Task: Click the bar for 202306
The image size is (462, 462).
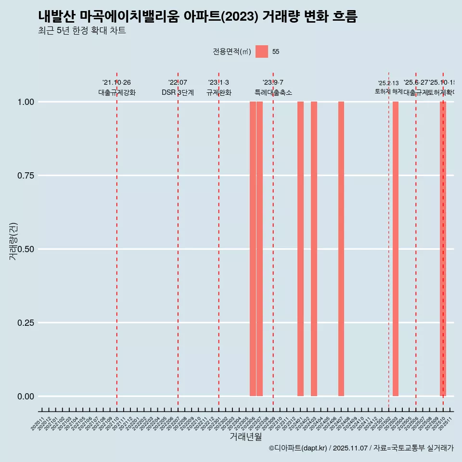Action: (x=253, y=249)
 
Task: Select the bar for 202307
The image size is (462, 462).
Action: (x=259, y=249)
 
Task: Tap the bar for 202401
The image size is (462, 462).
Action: (x=300, y=249)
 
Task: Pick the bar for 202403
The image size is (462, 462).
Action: (x=314, y=249)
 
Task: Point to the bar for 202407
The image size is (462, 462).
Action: (x=341, y=249)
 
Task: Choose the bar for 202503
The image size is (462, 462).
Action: (x=396, y=249)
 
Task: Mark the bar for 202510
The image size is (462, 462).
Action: (x=443, y=249)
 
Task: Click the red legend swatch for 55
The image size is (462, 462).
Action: (x=262, y=51)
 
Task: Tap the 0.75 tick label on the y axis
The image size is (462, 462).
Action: (x=26, y=176)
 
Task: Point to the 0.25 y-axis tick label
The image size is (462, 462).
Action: (x=26, y=323)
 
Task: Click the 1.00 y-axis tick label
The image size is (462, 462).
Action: (x=26, y=102)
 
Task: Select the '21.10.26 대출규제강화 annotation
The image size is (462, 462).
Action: (x=117, y=88)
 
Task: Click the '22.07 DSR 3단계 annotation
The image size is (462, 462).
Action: (x=178, y=88)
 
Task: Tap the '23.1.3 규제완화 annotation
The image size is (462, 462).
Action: (x=219, y=88)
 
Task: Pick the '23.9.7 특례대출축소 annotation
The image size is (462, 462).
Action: (x=273, y=88)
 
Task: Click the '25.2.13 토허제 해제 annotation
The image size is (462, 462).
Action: (x=388, y=87)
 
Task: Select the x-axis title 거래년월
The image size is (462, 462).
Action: (x=245, y=436)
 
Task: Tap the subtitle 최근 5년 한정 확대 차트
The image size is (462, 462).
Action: (x=82, y=31)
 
